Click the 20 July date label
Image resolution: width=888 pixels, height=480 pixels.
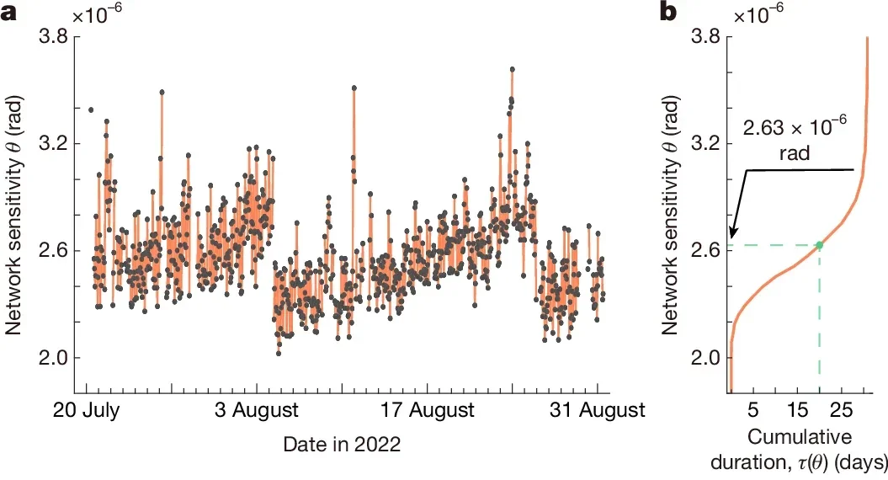pos(88,411)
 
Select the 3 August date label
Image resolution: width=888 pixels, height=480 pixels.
pos(257,411)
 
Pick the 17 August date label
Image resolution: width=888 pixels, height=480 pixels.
pos(426,411)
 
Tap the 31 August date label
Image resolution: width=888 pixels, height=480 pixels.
pos(596,411)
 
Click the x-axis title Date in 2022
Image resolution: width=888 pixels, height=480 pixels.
pos(341,443)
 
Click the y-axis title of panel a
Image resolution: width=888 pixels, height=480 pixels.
pos(14,216)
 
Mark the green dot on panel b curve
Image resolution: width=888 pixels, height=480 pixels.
pos(819,245)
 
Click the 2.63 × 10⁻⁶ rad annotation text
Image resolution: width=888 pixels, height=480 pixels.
pos(794,136)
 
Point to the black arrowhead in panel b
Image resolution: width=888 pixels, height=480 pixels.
pos(732,238)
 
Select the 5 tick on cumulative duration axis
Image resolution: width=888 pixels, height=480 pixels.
pos(753,411)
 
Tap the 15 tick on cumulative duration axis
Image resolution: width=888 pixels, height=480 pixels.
pos(797,411)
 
